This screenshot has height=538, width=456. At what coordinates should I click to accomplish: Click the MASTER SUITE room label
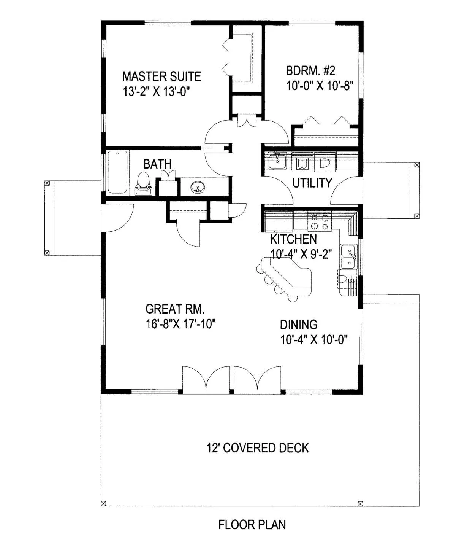pos(162,76)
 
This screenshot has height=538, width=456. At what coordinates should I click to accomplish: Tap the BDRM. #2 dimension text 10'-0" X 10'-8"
pos(320,86)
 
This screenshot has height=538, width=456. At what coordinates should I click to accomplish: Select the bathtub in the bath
pos(117,172)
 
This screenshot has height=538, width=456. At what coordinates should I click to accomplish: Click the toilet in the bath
pos(143,183)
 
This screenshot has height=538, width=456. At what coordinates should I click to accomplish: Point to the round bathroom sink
pos(198,187)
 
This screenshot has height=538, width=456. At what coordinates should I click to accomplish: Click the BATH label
pos(157,164)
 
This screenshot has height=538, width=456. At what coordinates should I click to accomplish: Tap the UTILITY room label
pos(312,183)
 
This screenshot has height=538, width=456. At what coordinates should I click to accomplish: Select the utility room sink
pos(277,161)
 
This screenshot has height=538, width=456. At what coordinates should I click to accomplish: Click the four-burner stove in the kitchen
pos(320,222)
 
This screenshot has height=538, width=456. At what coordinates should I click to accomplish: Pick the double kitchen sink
pos(349,257)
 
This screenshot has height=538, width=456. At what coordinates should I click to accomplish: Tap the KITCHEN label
pos(293,239)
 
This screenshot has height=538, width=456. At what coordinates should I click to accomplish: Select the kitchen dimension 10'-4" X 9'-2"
pos(301,254)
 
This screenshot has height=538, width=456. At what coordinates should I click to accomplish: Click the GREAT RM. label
pos(175,309)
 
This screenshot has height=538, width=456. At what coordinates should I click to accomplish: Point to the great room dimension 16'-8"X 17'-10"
pos(180,324)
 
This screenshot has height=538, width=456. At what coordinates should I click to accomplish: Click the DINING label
pos(298,325)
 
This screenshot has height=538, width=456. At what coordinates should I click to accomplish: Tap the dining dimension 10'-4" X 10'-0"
pos(314,339)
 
